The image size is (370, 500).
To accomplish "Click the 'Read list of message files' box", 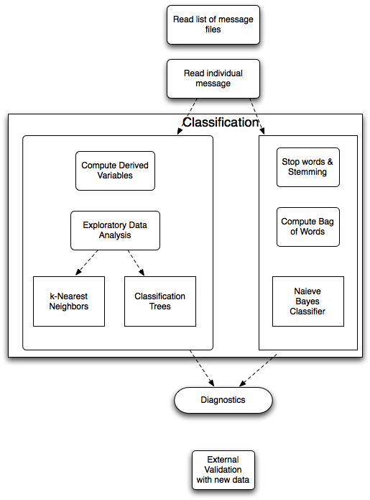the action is [x=213, y=24].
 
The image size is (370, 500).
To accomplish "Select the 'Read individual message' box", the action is [x=213, y=78].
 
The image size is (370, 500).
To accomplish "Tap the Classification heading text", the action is [x=221, y=122].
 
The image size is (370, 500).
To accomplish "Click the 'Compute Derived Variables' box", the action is [x=115, y=171].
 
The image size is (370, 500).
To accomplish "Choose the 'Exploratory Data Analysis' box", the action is [x=115, y=230].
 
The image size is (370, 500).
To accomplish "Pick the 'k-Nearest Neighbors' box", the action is [x=69, y=301].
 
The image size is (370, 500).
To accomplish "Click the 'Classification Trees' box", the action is [x=160, y=301].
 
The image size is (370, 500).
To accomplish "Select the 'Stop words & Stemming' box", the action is [x=308, y=167].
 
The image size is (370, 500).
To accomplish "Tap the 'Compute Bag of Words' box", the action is [x=308, y=227].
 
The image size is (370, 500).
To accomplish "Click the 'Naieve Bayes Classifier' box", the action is [x=308, y=301].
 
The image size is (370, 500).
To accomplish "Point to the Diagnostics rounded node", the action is [x=223, y=400].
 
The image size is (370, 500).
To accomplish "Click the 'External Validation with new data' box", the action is [x=223, y=470].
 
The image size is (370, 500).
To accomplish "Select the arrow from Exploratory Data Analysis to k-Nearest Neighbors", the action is [x=87, y=263].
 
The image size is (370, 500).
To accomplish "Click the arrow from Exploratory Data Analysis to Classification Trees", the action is [x=137, y=263].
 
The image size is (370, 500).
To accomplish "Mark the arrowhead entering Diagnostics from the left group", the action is [x=211, y=383].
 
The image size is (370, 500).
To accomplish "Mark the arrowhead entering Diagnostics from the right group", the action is [x=243, y=383].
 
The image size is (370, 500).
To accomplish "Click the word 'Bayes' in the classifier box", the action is [x=307, y=301].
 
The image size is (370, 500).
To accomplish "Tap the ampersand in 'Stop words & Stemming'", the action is [x=330, y=162].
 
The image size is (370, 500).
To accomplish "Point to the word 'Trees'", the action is [x=160, y=306].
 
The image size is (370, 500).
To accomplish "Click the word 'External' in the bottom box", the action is [x=223, y=460].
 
